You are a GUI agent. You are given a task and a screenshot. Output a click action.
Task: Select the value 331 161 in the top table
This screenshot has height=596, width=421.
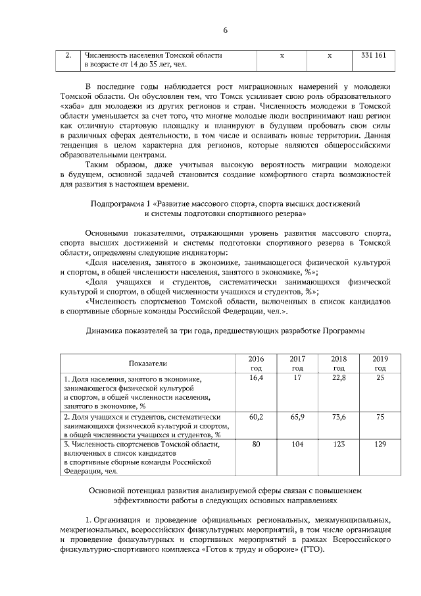374,56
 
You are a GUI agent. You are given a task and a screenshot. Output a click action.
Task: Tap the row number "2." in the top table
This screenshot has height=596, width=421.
68,56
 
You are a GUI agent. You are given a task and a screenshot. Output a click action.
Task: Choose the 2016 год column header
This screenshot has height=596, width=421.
257,364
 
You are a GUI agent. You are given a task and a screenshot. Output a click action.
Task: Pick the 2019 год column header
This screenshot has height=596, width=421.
380,364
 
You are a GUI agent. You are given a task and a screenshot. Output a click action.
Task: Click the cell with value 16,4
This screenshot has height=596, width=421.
257,379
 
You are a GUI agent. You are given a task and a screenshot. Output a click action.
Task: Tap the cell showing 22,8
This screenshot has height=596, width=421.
339,379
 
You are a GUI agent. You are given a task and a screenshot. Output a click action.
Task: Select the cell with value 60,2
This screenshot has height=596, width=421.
257,418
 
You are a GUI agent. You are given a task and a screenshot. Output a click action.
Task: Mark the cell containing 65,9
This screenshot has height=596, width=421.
297,418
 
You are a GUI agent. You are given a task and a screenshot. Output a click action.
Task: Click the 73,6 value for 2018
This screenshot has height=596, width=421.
339,418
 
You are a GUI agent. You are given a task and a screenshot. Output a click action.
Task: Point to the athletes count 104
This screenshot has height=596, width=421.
297,445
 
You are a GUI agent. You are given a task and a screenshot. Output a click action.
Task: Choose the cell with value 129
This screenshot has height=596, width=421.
380,445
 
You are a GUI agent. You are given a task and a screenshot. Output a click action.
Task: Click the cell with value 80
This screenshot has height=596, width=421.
257,445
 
